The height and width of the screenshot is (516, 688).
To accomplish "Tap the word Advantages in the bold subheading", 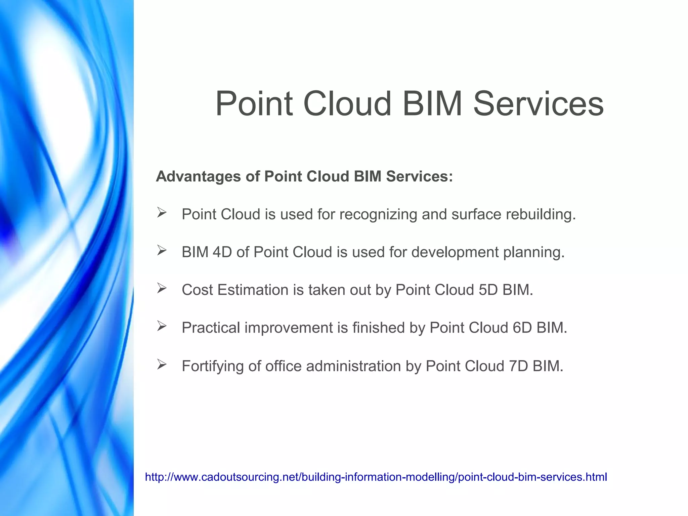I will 198,177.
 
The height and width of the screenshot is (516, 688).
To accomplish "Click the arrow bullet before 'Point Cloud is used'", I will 162,213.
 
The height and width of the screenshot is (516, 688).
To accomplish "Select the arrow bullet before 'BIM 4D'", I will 162,250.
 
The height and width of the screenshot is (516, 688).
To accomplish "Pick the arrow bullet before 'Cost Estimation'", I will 162,288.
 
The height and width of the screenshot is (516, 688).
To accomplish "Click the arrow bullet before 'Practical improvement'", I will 162,326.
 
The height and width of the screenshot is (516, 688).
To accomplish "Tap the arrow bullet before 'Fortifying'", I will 162,364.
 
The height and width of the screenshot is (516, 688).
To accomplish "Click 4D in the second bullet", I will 222,252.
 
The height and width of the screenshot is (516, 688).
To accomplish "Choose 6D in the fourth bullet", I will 522,328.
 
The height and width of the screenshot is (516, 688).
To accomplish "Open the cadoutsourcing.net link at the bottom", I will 376,477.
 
